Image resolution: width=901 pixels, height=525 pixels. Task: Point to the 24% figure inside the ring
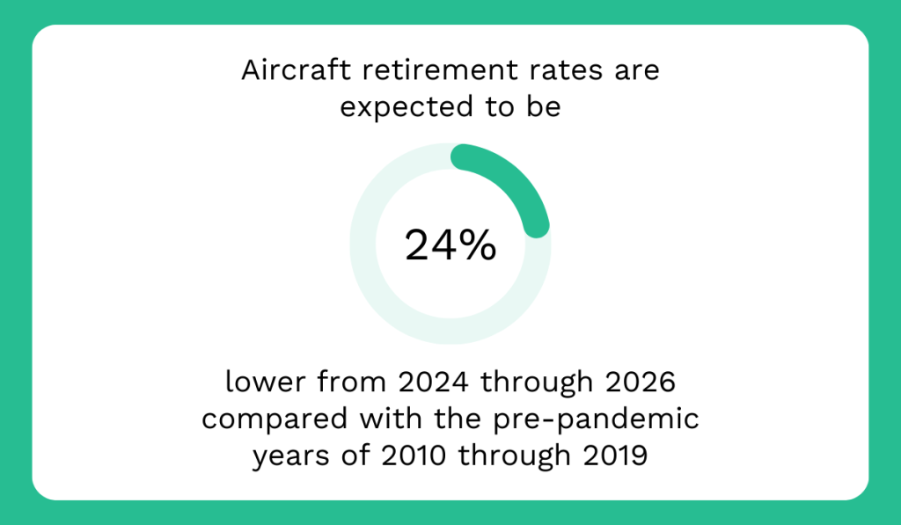tap(450, 245)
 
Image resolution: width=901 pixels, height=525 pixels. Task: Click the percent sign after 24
tap(476, 245)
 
